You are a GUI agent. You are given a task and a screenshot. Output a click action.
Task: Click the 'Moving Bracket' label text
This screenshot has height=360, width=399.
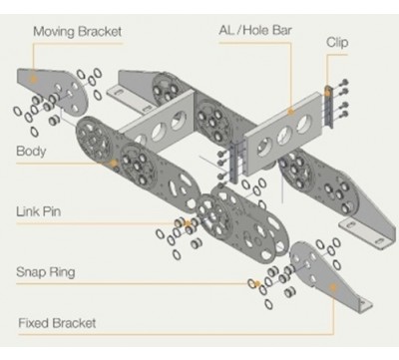78,32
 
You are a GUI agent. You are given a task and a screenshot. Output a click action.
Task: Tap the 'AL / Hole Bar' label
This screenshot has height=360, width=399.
255,30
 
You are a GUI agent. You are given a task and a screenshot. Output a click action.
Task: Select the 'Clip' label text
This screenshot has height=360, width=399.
337,43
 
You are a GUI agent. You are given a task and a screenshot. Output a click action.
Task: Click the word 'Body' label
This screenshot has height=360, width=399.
31,152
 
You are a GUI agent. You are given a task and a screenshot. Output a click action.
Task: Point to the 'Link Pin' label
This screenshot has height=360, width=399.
39,211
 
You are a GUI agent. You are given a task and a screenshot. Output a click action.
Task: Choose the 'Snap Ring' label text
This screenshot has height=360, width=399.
46,272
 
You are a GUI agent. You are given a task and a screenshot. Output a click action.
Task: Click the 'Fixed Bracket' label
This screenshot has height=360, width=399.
57,323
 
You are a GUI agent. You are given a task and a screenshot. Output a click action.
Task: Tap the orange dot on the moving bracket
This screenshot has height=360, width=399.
33,79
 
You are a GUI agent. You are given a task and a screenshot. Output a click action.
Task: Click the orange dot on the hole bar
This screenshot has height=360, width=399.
291,112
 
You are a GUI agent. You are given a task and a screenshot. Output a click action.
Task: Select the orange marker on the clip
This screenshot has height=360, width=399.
327,93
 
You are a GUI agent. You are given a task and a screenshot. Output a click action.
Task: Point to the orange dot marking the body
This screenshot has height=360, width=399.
114,163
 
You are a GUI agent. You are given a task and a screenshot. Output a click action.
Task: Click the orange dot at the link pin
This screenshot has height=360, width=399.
188,223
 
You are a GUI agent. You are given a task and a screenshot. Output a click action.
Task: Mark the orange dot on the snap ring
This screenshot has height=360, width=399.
257,283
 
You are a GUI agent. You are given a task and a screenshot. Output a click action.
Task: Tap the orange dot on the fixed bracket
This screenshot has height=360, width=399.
333,286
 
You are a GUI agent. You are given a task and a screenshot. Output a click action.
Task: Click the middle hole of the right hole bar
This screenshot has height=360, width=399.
285,136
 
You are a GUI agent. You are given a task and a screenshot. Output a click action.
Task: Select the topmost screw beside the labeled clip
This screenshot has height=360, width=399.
344,82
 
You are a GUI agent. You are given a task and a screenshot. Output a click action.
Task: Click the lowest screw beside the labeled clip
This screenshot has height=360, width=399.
344,115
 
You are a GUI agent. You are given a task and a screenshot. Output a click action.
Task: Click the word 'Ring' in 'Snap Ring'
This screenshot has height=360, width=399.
62,272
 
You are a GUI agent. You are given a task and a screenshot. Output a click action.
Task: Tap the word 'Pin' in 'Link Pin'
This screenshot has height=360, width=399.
52,211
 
